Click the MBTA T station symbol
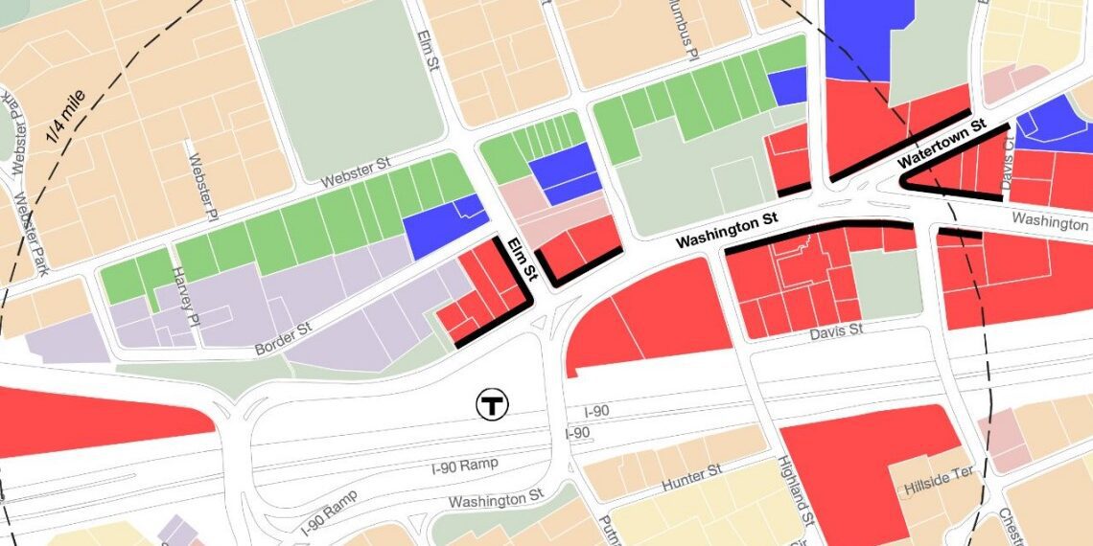(493, 404)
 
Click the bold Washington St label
(725, 230)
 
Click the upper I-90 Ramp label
(466, 466)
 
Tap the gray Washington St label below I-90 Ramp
(501, 499)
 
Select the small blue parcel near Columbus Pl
(787, 87)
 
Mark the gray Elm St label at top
(428, 48)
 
